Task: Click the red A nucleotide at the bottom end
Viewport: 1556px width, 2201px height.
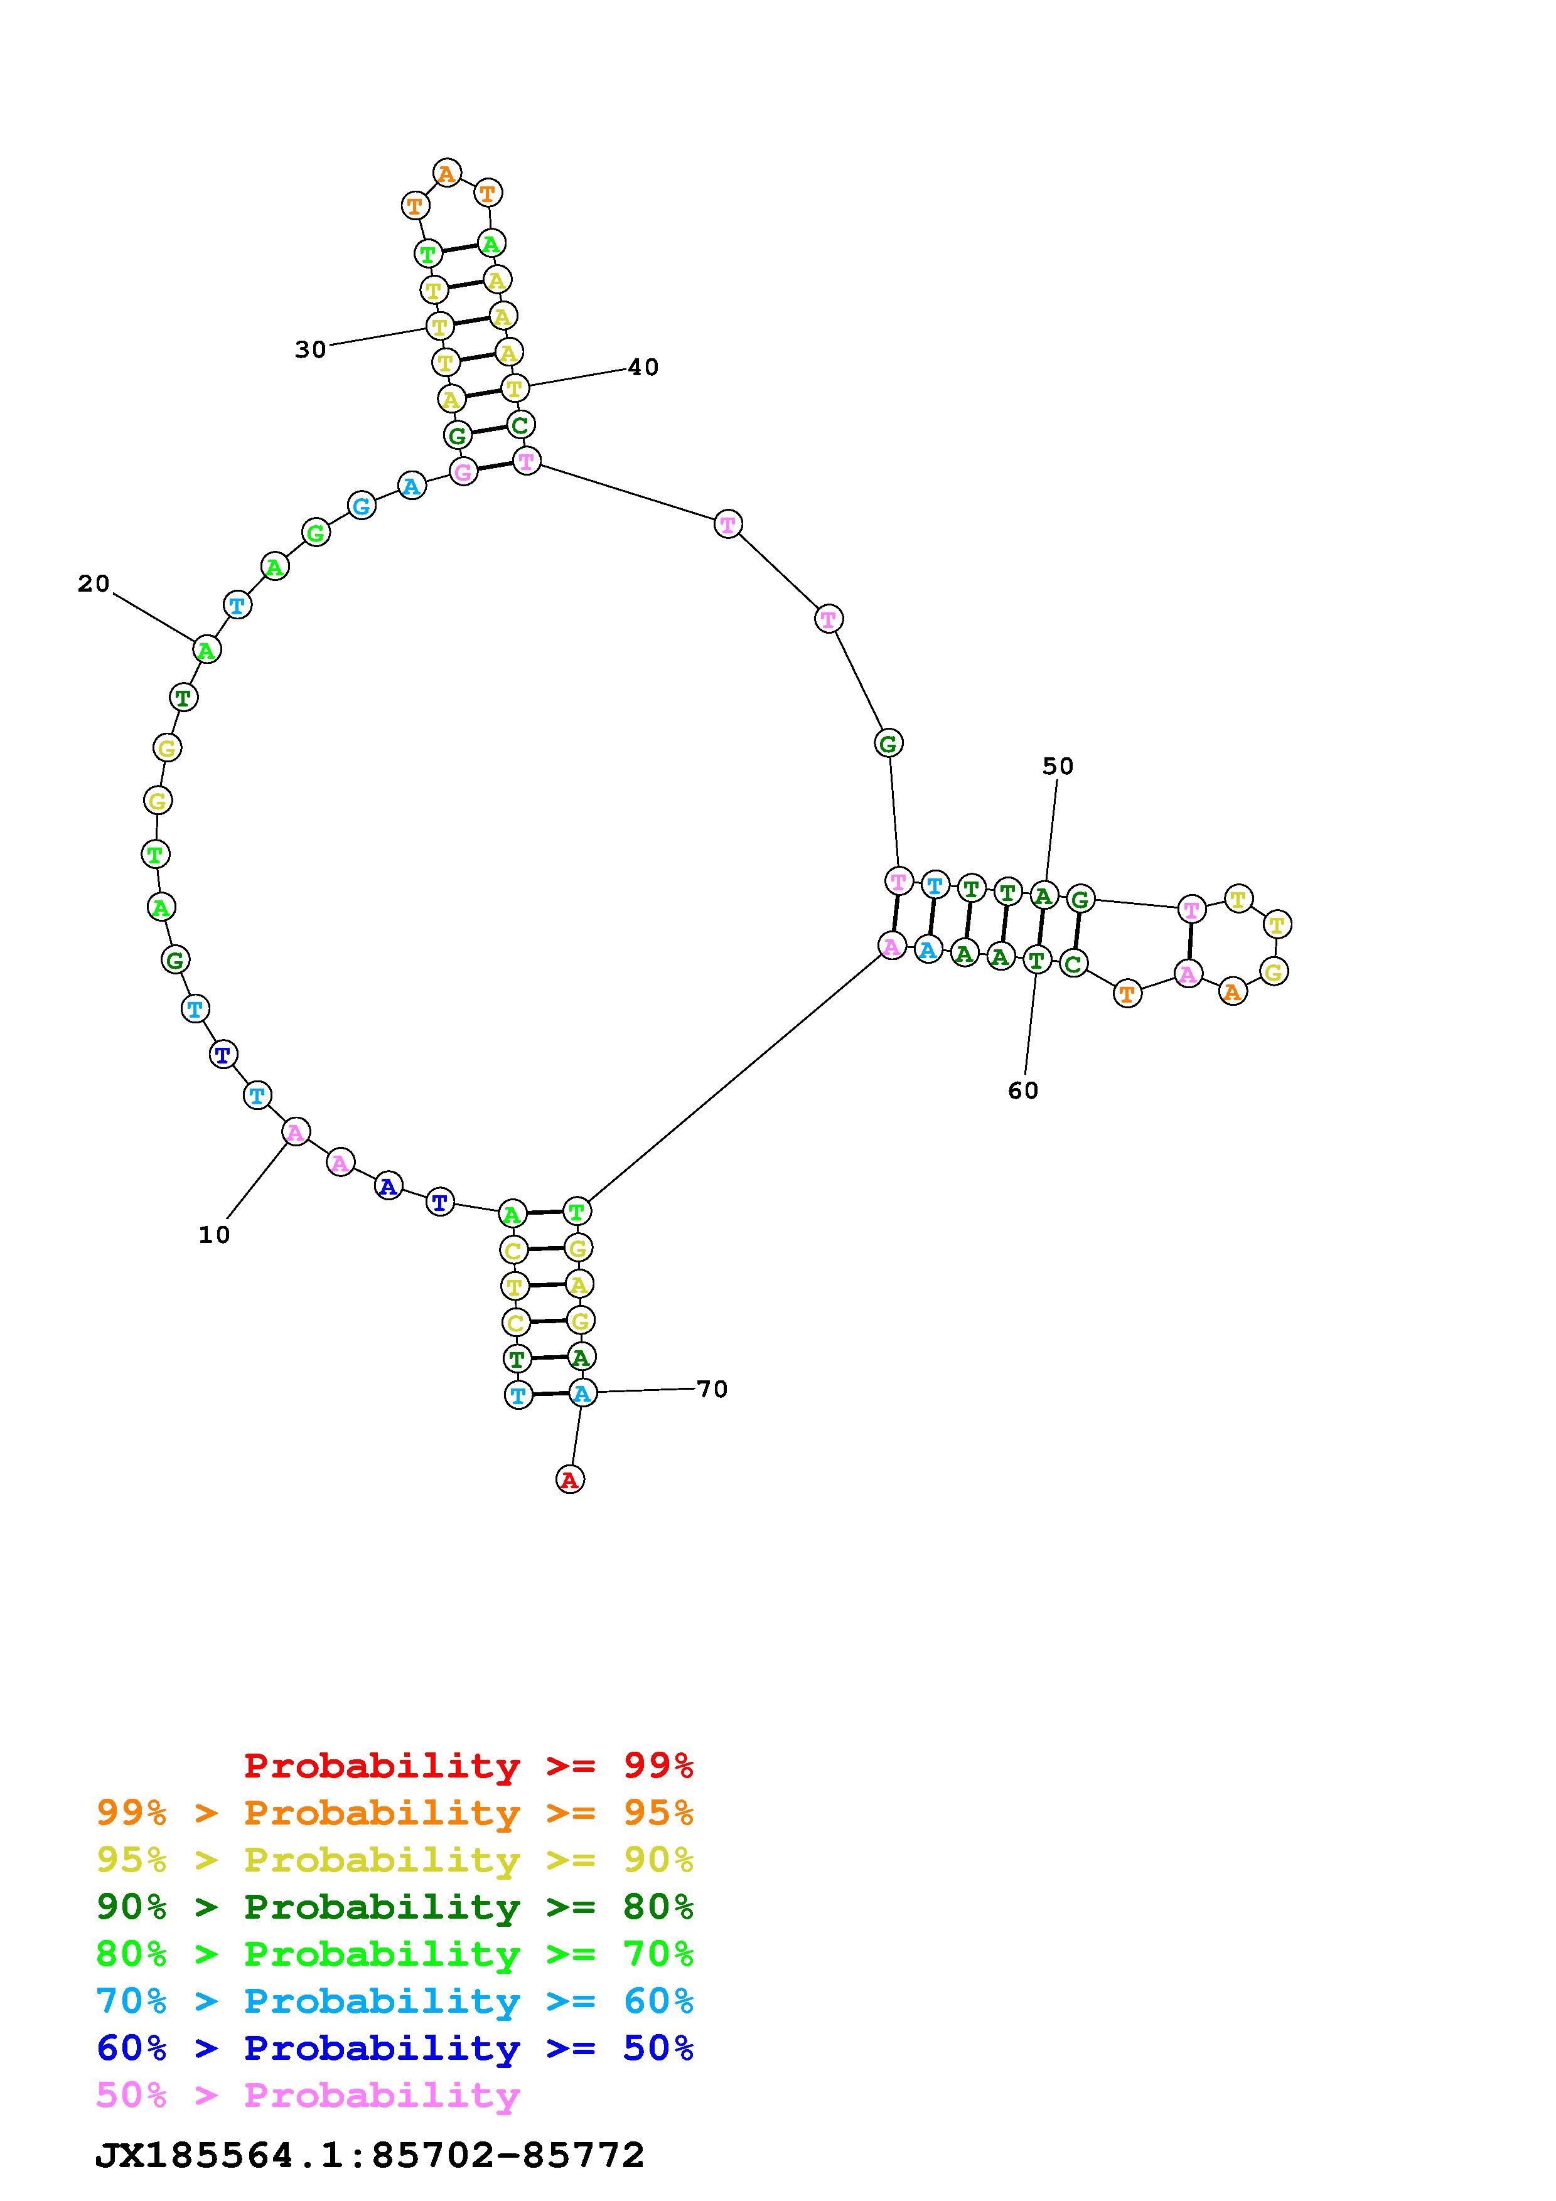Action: (x=569, y=1479)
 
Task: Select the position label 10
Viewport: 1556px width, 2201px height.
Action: (x=215, y=1235)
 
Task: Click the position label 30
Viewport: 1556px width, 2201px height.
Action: (x=311, y=350)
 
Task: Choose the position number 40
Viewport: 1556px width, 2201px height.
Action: (x=643, y=367)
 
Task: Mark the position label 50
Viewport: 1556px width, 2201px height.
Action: (x=1058, y=766)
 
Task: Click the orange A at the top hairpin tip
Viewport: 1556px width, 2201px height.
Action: (x=446, y=174)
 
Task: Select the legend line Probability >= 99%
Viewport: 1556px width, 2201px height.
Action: (x=469, y=1765)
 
